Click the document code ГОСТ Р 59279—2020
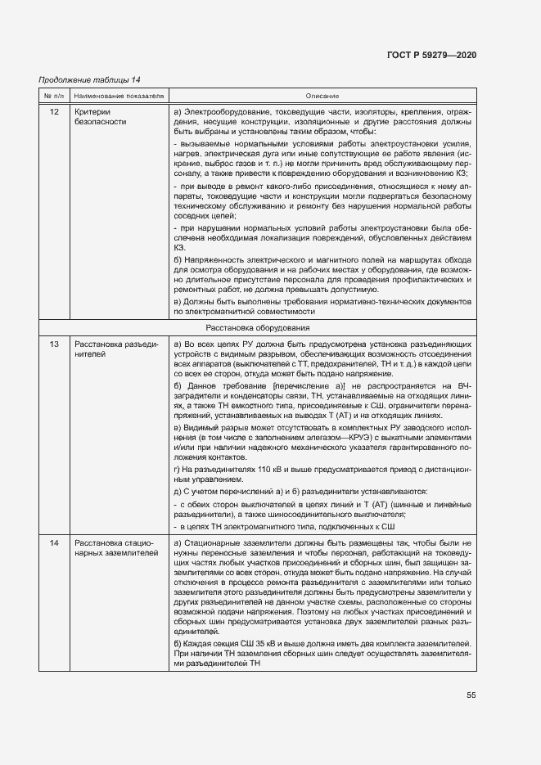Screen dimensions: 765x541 [x=431, y=55]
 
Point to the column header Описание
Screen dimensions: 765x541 [x=322, y=96]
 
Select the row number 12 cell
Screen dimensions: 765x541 [x=54, y=110]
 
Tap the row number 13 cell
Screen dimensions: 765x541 [x=54, y=344]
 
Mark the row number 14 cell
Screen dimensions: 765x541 [x=54, y=543]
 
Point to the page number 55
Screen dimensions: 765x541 [x=471, y=695]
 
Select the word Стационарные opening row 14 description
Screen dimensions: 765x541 [x=214, y=543]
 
